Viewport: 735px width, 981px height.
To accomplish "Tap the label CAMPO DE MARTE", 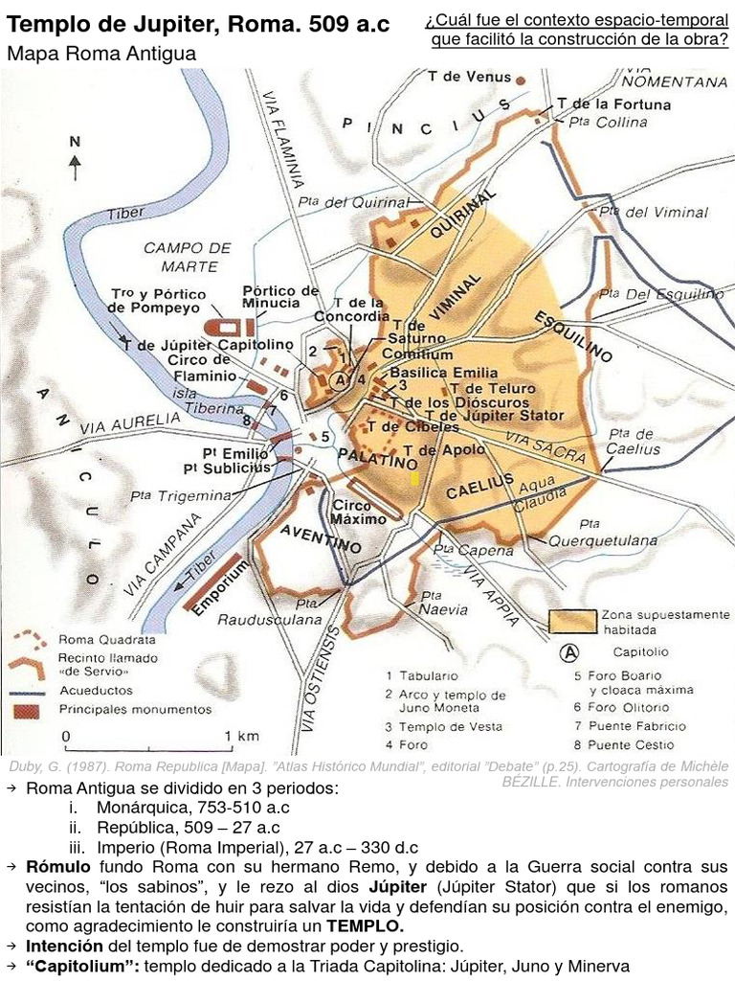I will [x=188, y=257].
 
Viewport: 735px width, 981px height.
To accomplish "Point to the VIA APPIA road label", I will [x=490, y=593].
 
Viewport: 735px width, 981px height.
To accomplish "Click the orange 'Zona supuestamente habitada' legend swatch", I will [x=571, y=621].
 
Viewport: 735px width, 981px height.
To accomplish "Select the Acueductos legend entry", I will [x=96, y=690].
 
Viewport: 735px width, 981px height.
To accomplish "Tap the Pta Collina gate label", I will [x=608, y=122].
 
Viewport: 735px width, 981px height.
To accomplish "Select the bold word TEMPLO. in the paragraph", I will [x=365, y=925].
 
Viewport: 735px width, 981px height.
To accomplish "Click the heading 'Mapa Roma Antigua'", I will [x=101, y=54].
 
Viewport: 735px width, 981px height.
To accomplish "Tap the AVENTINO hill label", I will [x=322, y=539].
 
